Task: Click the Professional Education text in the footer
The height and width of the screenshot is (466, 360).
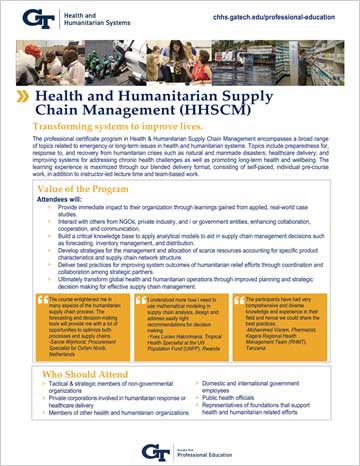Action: pos(214,453)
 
